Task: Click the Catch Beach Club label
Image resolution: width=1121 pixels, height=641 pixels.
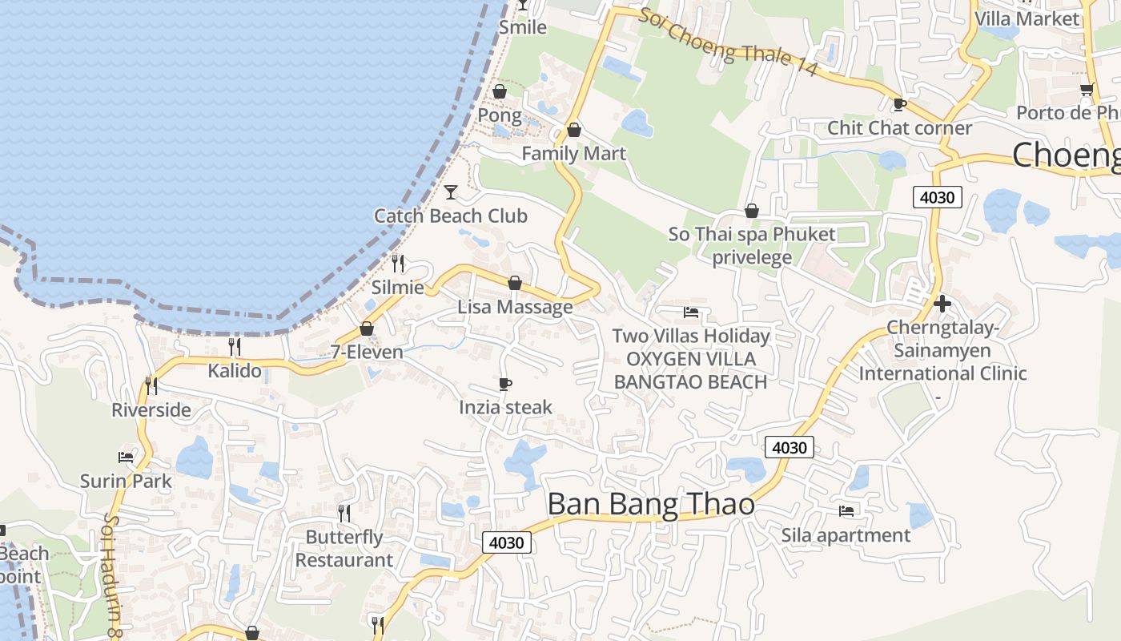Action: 451,216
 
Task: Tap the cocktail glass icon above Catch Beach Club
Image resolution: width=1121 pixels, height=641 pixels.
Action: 451,191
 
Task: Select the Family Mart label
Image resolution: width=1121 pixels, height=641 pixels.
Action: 573,153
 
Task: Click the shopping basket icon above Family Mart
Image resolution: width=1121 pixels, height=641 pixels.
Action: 574,130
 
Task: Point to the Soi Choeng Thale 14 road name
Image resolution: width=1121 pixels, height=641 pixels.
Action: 728,42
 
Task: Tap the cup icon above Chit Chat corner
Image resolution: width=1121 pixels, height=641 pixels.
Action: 899,104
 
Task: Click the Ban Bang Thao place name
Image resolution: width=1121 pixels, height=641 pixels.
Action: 651,504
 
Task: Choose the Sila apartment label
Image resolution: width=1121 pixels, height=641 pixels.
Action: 846,534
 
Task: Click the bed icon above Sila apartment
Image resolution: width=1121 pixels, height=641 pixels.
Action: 846,510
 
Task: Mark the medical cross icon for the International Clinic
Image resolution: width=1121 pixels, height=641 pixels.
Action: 942,304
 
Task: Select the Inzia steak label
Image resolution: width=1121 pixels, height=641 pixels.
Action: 505,407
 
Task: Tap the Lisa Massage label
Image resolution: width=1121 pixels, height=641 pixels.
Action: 515,307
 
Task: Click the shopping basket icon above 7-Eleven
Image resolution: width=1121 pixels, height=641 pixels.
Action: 367,329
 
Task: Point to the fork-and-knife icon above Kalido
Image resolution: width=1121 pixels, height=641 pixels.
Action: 235,346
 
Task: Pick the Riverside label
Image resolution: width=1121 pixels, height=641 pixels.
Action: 151,410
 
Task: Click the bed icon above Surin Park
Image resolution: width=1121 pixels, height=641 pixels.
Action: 126,458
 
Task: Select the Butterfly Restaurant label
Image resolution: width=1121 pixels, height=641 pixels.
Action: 344,548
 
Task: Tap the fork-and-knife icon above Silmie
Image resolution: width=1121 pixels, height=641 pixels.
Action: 398,263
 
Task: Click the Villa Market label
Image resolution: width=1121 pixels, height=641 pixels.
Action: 1027,18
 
